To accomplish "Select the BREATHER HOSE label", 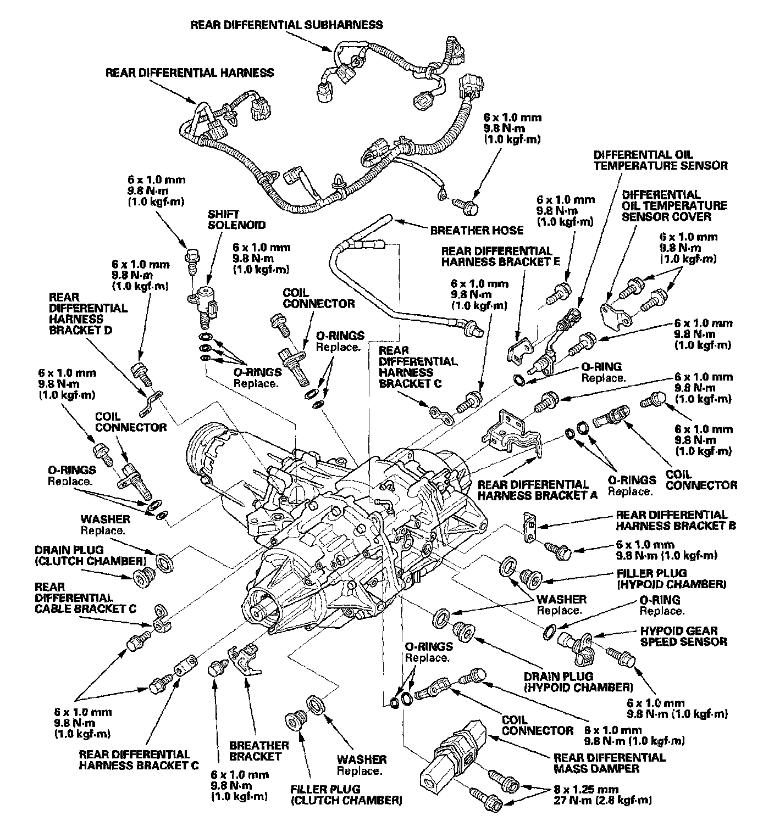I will [477, 230].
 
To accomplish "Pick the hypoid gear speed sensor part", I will [576, 644].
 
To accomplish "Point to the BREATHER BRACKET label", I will [259, 751].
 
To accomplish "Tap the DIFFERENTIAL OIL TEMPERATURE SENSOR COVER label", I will [675, 205].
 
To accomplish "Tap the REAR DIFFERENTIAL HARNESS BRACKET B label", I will [676, 520].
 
